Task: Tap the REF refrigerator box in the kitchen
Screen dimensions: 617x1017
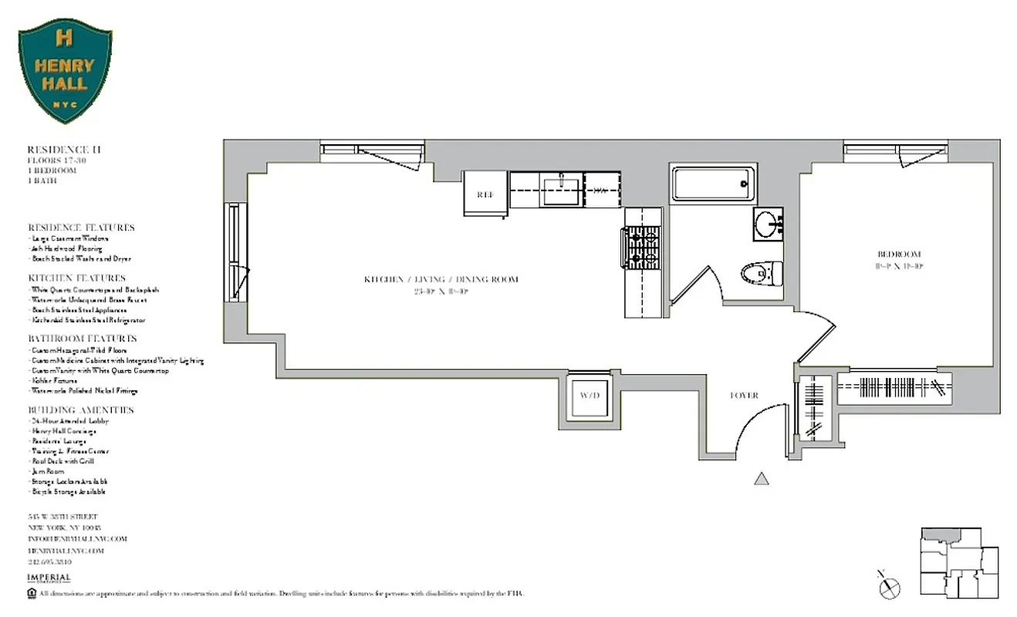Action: tap(485, 194)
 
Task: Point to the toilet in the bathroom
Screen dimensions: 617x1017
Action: tap(762, 273)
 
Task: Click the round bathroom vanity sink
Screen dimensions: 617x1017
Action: tap(768, 225)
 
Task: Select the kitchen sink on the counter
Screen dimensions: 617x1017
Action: tap(563, 190)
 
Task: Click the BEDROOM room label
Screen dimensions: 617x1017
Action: tap(899, 255)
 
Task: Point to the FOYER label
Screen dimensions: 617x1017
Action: tap(745, 396)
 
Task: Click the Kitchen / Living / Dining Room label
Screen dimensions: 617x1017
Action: tap(441, 279)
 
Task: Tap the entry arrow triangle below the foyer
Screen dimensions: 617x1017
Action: tap(762, 479)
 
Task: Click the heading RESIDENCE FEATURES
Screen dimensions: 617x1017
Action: tap(81, 228)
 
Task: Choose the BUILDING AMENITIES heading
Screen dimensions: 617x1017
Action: tap(81, 410)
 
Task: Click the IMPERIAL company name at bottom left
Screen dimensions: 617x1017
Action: tap(49, 578)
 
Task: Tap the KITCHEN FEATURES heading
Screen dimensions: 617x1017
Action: tap(76, 278)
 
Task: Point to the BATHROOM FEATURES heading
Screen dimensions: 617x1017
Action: tap(83, 339)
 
